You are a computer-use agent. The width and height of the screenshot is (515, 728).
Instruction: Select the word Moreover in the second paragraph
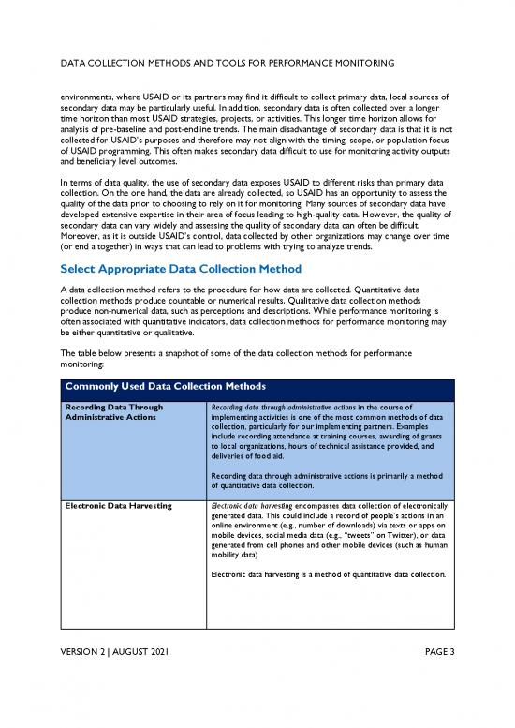pyautogui.click(x=79, y=226)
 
